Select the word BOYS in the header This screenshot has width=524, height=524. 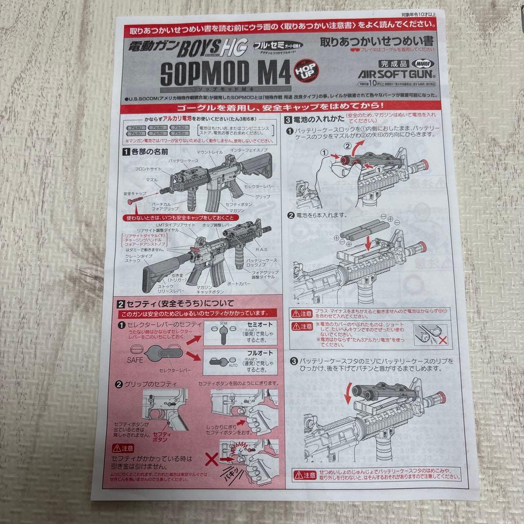pyautogui.click(x=204, y=49)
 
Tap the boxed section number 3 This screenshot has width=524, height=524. pyautogui.click(x=288, y=119)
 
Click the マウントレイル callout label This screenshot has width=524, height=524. pyautogui.click(x=210, y=152)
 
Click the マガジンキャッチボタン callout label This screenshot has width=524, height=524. pyautogui.click(x=210, y=290)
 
